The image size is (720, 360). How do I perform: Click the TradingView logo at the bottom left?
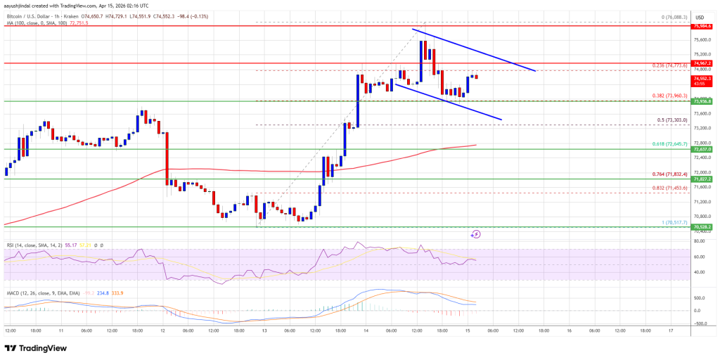pyautogui.click(x=37, y=347)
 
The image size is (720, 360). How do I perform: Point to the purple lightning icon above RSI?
pyautogui.click(x=476, y=234)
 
